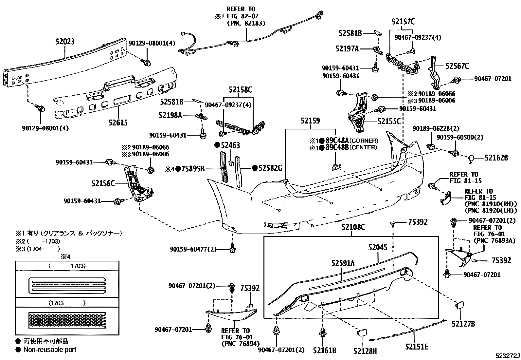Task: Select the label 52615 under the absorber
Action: (118, 123)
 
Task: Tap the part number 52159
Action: (310, 121)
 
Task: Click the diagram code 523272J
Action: (507, 356)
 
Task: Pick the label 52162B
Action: (496, 158)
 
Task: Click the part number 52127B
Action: (463, 324)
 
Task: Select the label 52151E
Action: (417, 347)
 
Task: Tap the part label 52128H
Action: (365, 351)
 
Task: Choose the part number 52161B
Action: (324, 351)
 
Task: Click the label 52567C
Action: (457, 66)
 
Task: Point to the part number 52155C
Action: (389, 122)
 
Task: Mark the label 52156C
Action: (103, 183)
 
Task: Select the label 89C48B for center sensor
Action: (336, 147)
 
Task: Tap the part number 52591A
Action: (343, 262)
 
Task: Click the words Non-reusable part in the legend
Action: (49, 350)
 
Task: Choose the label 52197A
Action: (347, 49)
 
